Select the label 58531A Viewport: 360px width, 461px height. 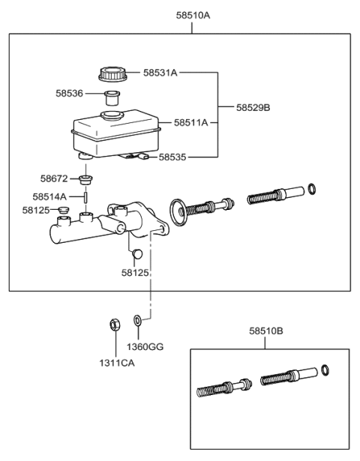coord(160,73)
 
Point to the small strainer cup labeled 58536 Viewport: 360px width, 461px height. coord(112,97)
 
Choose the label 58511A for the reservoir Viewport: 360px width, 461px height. coord(191,121)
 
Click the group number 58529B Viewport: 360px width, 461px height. coord(253,108)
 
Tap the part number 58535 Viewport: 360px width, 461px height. coord(171,157)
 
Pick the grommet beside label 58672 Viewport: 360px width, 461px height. coord(87,179)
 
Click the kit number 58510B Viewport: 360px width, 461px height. coord(266,330)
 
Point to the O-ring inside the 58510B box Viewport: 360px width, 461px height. coord(324,370)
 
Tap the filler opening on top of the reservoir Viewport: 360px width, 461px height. coord(112,115)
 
